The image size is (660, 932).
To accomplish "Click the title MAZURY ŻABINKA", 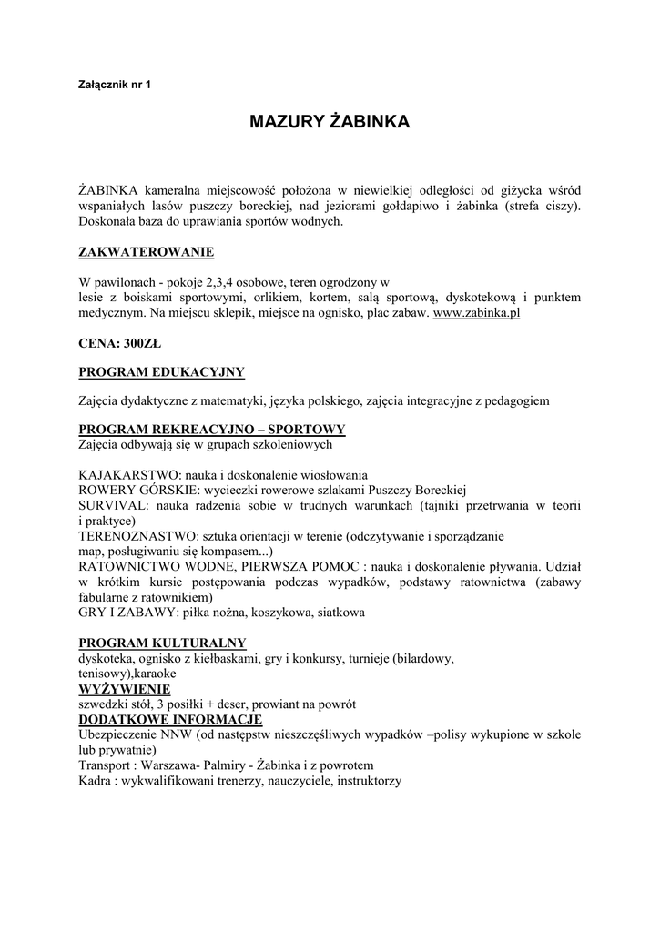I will [330, 122].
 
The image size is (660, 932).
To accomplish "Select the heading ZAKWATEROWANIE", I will [147, 251].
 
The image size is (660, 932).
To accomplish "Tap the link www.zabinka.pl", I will [475, 312].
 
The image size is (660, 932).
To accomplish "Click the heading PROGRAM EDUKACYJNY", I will [162, 371].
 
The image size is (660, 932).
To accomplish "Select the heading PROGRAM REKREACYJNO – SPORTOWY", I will [212, 429].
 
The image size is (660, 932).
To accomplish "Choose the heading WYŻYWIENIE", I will [124, 689].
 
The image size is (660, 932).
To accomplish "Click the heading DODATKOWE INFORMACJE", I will [171, 719].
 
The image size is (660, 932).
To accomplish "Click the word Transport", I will [105, 765].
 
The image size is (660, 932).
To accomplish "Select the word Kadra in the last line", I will [96, 781].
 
